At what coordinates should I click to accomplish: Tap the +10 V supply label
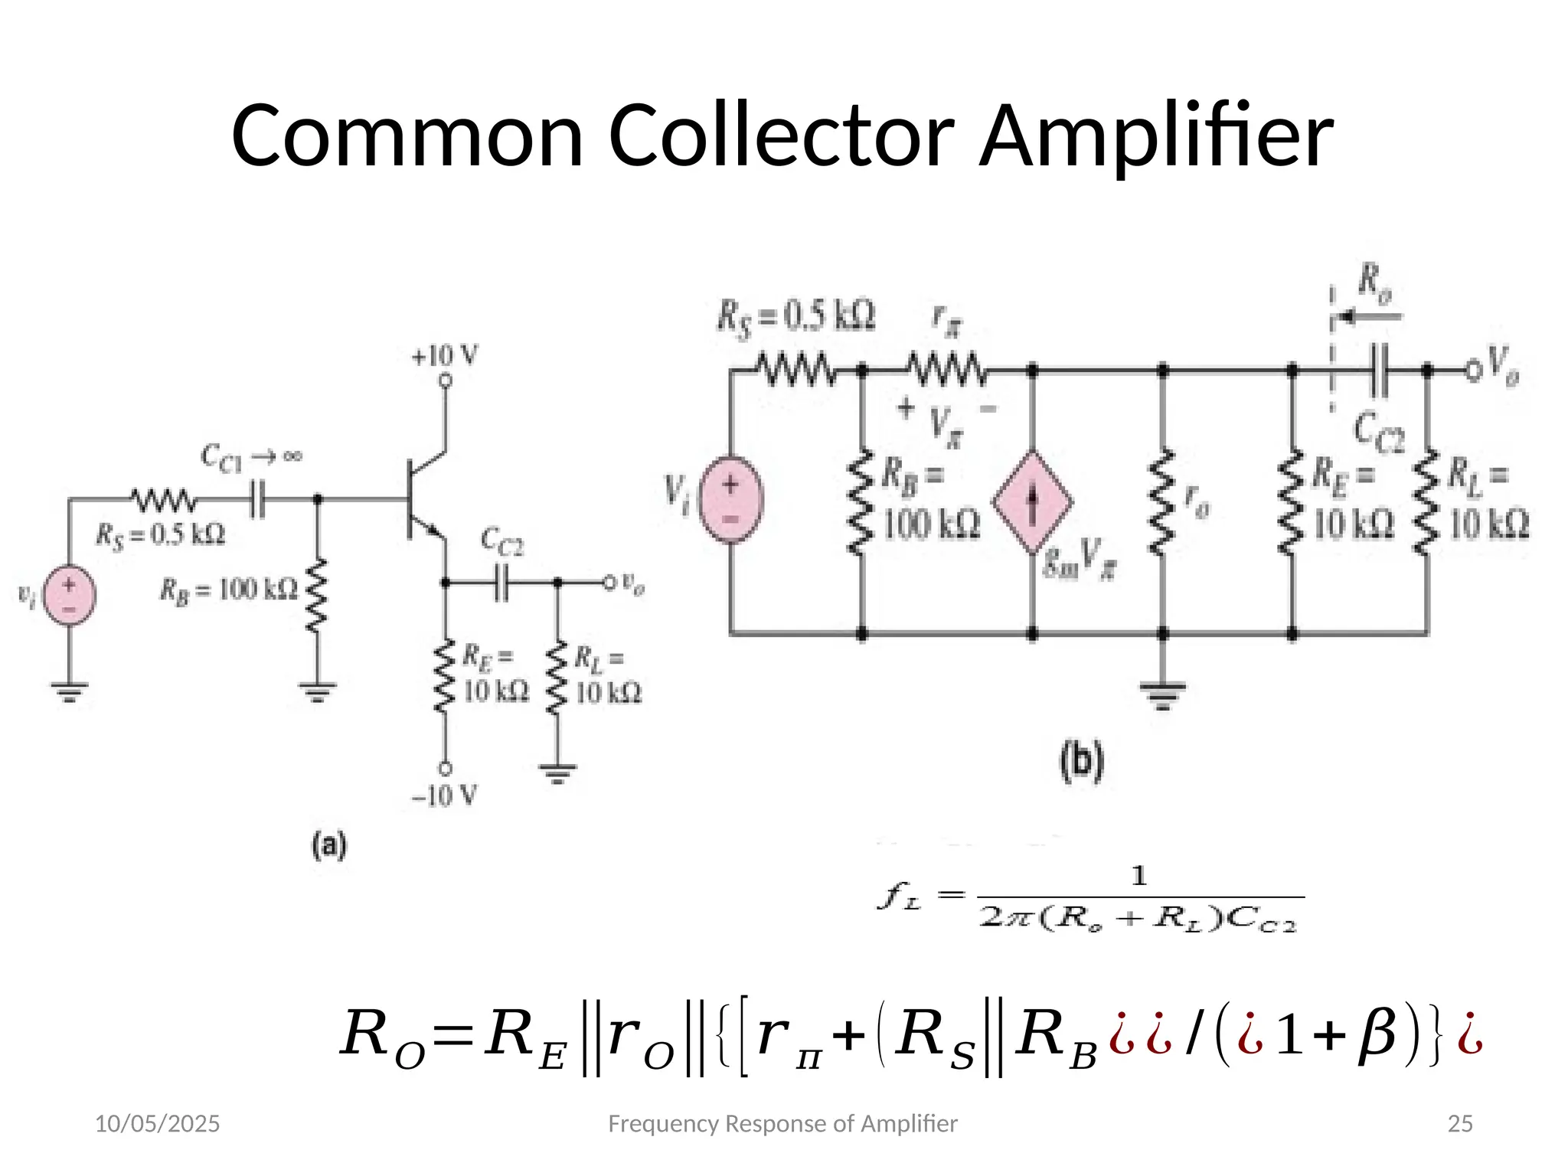pos(445,356)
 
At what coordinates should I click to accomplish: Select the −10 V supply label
pos(444,795)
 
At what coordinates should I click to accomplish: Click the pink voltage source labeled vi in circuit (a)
pos(70,595)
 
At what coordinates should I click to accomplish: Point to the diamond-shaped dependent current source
pos(1032,502)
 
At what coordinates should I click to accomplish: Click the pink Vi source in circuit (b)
pos(732,499)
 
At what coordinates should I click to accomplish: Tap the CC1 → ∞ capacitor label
pos(251,458)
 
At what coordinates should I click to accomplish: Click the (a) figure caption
pos(329,846)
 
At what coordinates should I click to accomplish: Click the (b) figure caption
pos(1082,762)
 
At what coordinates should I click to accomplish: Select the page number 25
pos(1460,1124)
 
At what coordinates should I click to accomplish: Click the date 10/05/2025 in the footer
pos(157,1124)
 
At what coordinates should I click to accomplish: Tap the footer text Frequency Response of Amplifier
pos(782,1124)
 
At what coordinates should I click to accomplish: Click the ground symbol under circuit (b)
pos(1162,693)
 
